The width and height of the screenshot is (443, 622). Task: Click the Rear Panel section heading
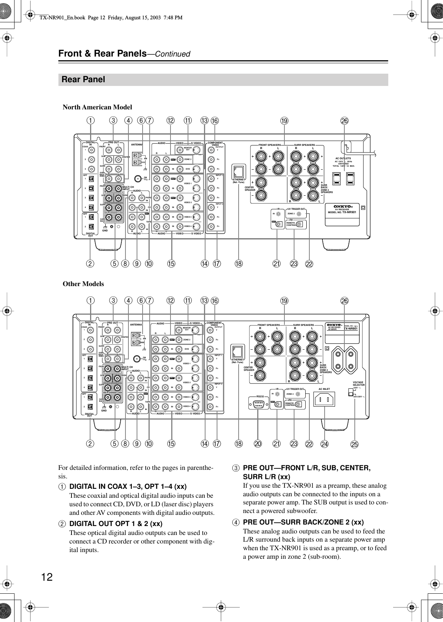click(x=83, y=80)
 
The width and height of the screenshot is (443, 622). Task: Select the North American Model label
click(x=97, y=107)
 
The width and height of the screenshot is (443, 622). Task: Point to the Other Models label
click(x=83, y=284)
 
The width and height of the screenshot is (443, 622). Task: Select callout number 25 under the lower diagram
click(x=355, y=445)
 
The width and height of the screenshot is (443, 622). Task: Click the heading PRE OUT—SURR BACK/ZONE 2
click(x=303, y=522)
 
